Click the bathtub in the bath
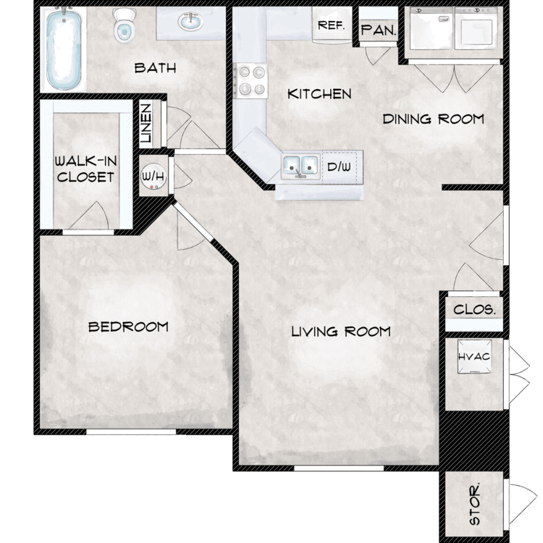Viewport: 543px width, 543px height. (64, 49)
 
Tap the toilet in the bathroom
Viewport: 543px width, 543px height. (124, 26)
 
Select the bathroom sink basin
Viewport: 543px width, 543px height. (190, 22)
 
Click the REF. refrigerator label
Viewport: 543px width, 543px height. (332, 25)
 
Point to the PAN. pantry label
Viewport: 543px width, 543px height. (378, 30)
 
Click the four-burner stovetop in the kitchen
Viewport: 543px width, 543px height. (251, 80)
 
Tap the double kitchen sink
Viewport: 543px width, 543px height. (300, 167)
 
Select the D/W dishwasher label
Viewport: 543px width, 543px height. (339, 167)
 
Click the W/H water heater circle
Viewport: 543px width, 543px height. (153, 176)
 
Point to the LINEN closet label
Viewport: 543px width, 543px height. (147, 123)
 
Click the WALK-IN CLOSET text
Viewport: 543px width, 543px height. (85, 169)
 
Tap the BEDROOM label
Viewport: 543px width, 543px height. (128, 327)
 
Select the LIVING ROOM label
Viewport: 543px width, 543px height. (341, 332)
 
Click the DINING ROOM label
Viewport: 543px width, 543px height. (433, 119)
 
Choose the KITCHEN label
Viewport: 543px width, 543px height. (319, 94)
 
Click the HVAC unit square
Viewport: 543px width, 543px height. (474, 357)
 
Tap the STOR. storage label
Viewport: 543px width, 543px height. (475, 503)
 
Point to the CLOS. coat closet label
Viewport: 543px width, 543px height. (474, 309)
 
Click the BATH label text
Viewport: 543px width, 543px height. (155, 68)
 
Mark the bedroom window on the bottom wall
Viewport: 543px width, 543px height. (131, 432)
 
